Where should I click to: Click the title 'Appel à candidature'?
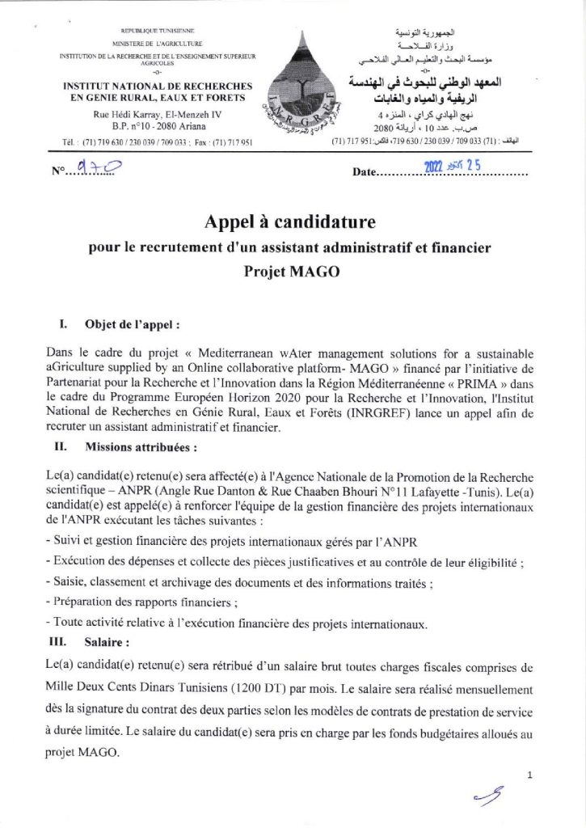(293, 219)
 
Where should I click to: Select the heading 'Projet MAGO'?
(293, 272)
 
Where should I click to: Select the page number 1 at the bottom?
(529, 775)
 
